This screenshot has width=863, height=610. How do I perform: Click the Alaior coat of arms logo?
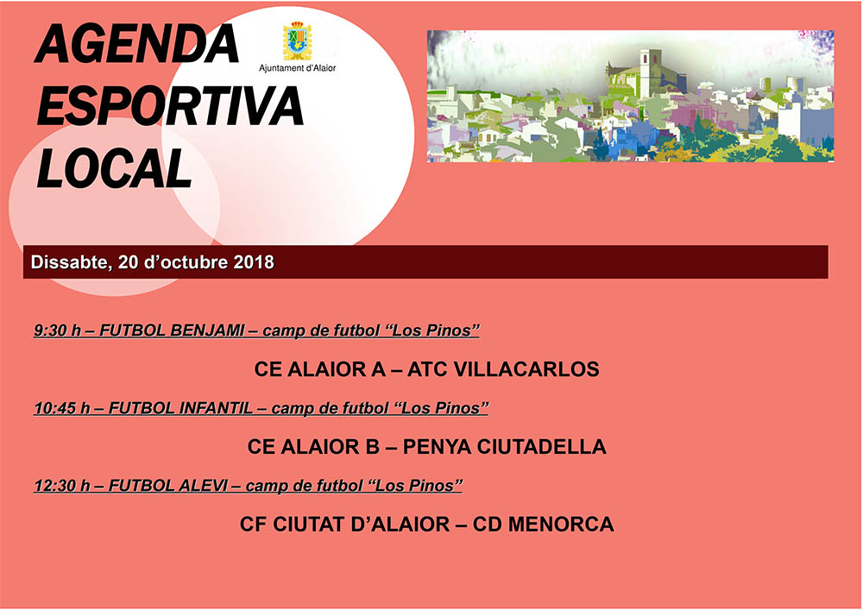click(x=298, y=41)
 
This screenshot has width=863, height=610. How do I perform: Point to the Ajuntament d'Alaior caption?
click(x=298, y=67)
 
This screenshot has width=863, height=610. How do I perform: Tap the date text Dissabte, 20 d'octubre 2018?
click(x=153, y=261)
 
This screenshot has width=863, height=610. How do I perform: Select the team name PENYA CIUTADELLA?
click(x=505, y=447)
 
